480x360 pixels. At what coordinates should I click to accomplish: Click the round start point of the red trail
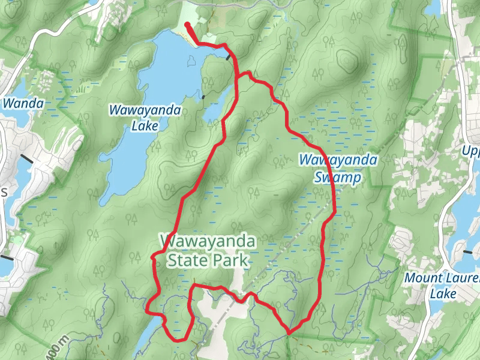(x=187, y=25)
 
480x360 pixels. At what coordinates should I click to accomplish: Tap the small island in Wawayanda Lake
(x=191, y=61)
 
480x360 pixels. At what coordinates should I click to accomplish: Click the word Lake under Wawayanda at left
(x=145, y=127)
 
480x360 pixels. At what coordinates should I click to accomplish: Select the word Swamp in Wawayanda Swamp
(x=338, y=178)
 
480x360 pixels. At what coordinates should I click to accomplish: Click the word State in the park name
(x=184, y=260)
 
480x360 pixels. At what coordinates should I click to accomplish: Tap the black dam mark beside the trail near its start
(x=229, y=57)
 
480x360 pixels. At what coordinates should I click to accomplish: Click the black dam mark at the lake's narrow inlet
(x=204, y=96)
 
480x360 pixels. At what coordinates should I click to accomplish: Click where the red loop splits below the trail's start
(x=239, y=76)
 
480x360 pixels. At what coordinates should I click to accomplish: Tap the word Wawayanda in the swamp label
(x=338, y=160)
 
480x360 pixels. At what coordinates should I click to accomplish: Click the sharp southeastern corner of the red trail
(x=289, y=332)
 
